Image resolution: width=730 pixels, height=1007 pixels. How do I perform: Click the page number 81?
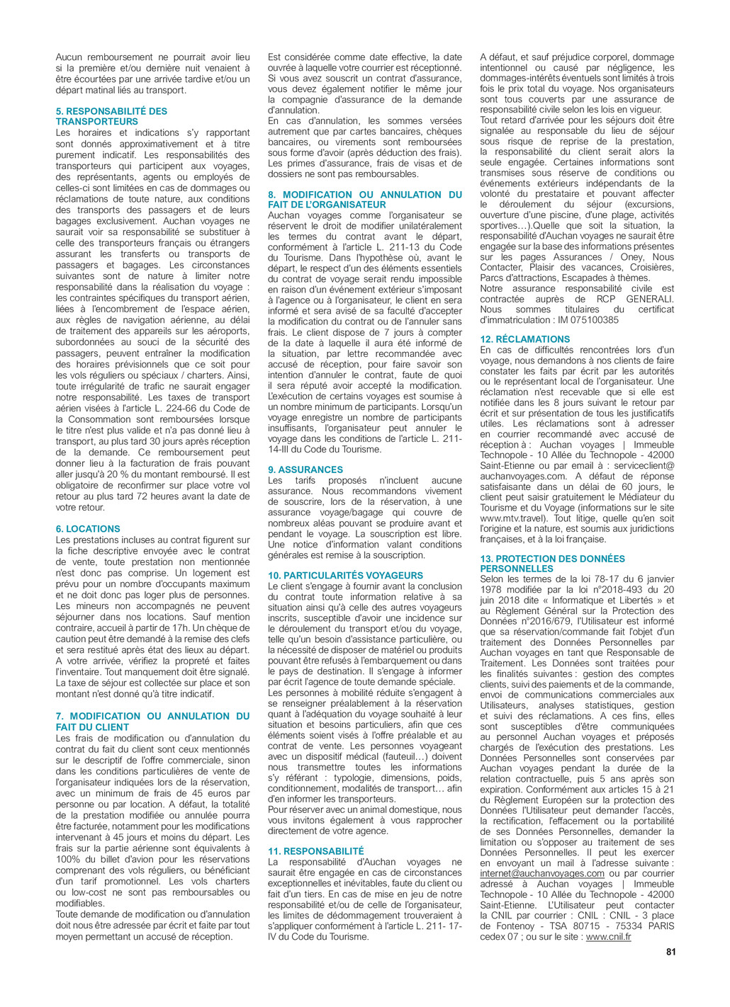[670, 952]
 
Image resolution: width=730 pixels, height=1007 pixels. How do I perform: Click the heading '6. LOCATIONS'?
[88, 529]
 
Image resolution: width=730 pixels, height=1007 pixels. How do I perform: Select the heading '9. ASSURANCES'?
[305, 470]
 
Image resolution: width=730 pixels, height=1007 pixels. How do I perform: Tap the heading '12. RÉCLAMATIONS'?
[524, 339]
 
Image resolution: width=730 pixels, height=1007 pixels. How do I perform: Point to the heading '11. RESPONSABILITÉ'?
[315, 851]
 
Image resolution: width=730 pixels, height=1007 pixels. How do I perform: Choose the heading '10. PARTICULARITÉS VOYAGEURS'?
[345, 576]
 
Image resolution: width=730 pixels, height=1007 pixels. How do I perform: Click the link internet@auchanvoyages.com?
[541, 874]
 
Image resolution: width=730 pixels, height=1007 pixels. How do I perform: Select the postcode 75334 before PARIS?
[627, 926]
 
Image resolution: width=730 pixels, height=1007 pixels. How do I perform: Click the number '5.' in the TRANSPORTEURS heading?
[60, 111]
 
